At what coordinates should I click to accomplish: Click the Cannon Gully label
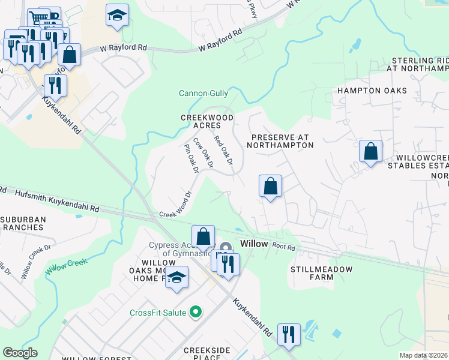[203, 93]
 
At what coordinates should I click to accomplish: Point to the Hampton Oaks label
[372, 91]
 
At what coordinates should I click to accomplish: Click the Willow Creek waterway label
[67, 265]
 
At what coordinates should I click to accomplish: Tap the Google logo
[20, 353]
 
